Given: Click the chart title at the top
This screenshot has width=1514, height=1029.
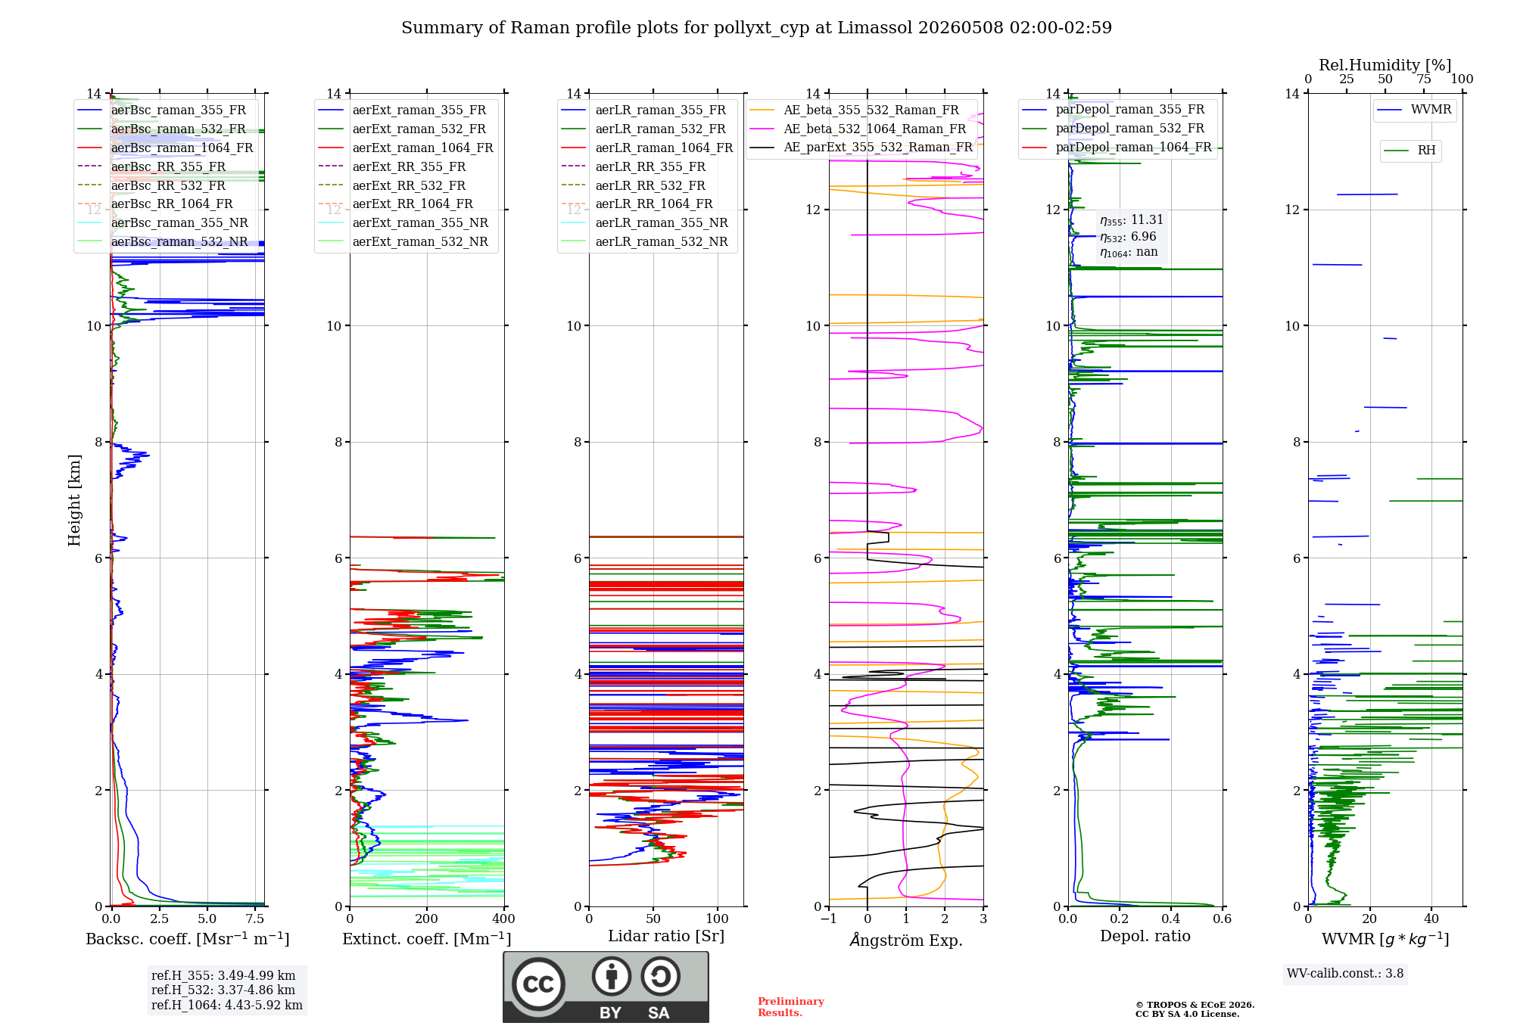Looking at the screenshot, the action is [x=756, y=28].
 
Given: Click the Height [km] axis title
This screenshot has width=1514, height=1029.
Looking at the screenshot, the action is [x=74, y=500].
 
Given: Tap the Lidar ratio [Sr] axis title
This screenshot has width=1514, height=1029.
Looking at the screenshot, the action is [x=666, y=936].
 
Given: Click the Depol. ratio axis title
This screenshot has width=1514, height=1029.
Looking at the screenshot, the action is [x=1145, y=936].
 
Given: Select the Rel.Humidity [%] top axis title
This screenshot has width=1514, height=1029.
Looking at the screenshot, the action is [x=1385, y=65].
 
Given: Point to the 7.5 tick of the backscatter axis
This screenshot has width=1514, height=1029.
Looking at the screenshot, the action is [x=255, y=919].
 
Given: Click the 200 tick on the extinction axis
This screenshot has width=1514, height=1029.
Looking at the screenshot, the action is [x=426, y=919].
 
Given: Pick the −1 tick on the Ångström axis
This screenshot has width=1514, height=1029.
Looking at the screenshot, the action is [x=828, y=919].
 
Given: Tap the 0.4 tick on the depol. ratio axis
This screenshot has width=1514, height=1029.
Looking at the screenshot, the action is [x=1170, y=919].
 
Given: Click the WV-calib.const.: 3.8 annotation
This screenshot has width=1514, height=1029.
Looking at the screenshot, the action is [x=1345, y=974].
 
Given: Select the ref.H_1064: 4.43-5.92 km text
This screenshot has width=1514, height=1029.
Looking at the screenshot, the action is [x=226, y=1006].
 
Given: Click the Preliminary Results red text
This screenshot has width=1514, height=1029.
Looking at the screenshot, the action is [x=790, y=1007].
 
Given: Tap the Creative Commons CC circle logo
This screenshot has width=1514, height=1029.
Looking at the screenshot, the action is [x=538, y=984].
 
